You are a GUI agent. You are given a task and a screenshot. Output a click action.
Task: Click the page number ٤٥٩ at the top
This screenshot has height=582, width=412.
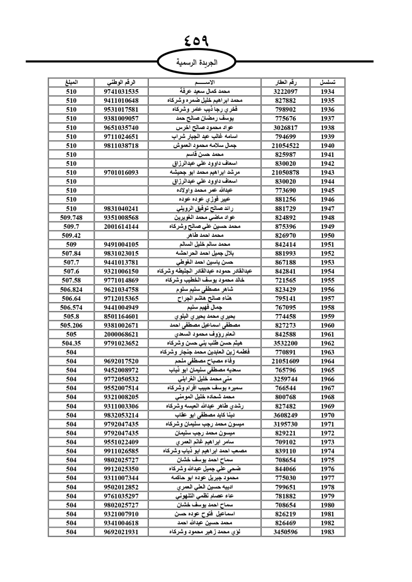click(197, 42)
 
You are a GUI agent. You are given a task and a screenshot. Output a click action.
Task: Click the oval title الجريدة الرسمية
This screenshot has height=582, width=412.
click(197, 63)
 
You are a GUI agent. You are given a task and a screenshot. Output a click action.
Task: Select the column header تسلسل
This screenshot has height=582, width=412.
click(328, 82)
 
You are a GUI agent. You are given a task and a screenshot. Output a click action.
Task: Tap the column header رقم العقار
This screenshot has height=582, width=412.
click(286, 82)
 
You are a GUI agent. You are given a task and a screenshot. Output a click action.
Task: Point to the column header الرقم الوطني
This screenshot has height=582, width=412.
click(121, 82)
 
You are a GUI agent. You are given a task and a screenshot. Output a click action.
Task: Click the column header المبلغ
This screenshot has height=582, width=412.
click(71, 82)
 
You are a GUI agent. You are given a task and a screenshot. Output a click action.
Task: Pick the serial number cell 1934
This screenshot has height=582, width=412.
click(328, 91)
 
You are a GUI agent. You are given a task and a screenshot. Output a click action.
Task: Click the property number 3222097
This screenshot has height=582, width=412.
click(286, 91)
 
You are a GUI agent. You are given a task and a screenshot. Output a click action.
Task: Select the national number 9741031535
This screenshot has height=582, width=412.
click(121, 91)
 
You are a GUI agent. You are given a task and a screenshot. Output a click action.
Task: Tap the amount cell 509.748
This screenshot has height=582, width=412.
click(71, 217)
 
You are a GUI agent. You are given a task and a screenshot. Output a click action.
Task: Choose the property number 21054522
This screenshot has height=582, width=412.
click(286, 145)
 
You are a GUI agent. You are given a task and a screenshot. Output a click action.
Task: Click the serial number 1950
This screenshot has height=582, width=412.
click(328, 235)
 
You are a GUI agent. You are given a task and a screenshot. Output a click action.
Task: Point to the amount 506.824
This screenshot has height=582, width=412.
click(71, 289)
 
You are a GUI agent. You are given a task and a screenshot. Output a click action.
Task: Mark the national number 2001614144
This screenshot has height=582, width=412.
click(121, 226)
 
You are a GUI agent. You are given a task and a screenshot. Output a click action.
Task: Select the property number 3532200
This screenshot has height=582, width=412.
click(286, 343)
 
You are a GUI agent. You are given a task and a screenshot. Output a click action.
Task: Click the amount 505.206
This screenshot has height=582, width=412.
click(71, 325)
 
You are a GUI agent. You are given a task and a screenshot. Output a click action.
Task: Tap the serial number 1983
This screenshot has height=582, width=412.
click(328, 532)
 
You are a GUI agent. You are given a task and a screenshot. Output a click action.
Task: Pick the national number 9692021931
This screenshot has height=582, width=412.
click(121, 532)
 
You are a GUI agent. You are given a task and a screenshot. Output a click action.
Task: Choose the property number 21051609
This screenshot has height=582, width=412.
click(286, 361)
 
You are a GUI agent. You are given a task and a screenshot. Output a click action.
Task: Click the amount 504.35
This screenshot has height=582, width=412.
click(71, 343)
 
